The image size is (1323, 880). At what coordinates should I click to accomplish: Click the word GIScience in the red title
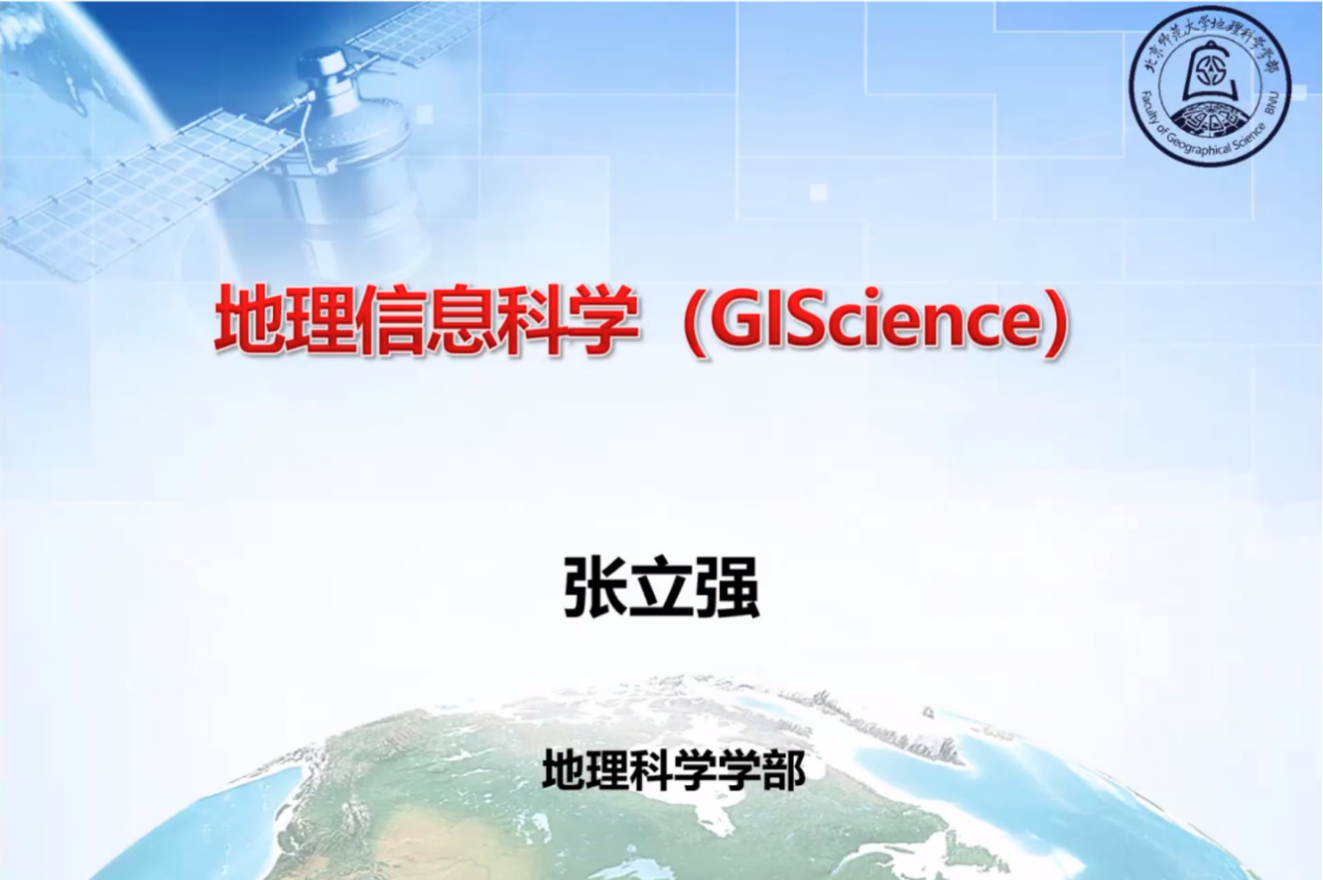click(875, 321)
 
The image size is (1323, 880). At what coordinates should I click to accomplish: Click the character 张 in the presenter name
click(595, 587)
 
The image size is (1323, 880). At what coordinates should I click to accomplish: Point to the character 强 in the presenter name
click(727, 587)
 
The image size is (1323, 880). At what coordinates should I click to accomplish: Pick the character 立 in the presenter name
click(661, 587)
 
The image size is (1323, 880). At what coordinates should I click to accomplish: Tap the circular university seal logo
click(1209, 84)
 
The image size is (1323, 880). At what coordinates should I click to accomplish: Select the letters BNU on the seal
click(1277, 99)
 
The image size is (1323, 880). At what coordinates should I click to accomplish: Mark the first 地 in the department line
click(564, 769)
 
